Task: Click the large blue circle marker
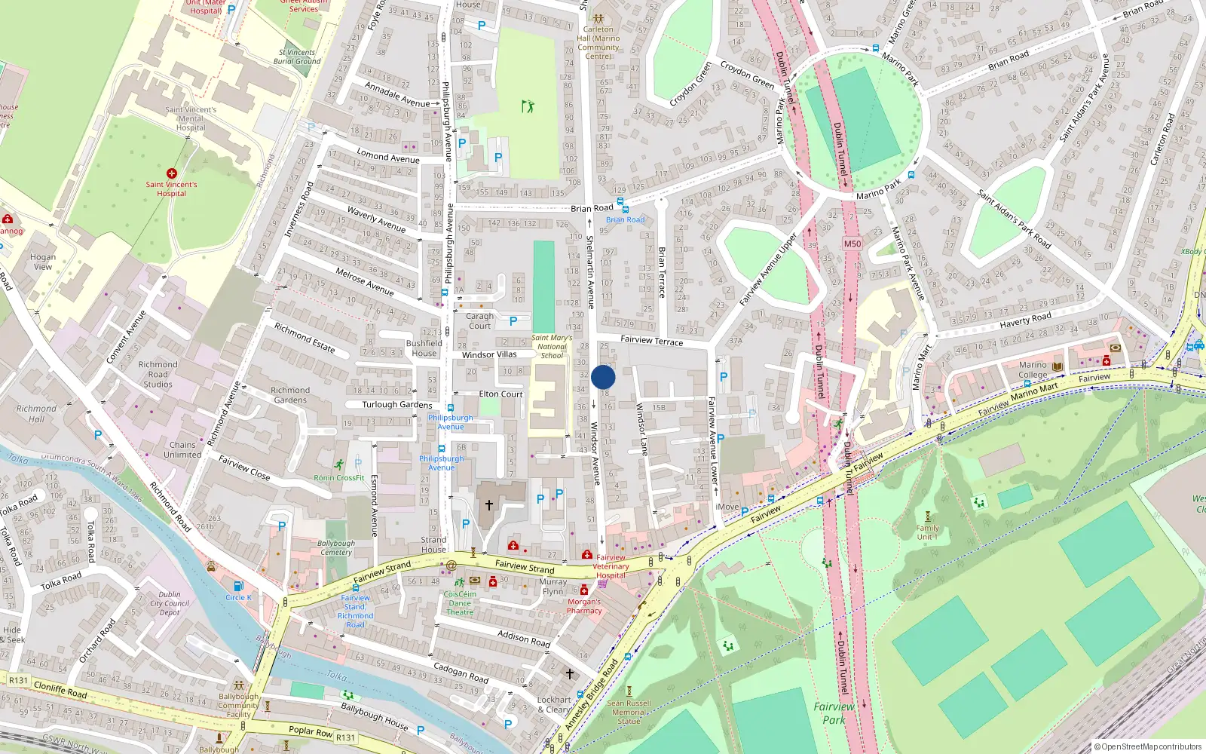603,378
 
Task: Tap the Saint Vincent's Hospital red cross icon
172,173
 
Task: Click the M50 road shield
852,244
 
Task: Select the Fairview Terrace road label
651,341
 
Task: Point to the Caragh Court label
479,321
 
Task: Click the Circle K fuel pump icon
238,586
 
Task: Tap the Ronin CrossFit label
339,478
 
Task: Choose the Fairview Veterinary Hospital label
611,566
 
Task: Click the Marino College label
1033,369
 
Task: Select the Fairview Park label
834,713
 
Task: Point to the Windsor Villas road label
489,354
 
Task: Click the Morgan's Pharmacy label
584,606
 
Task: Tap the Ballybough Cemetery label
335,547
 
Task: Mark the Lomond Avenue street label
387,158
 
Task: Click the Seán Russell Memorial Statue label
629,712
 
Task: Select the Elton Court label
500,394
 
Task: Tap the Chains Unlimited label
182,450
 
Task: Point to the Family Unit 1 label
927,532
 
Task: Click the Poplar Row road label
311,731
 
